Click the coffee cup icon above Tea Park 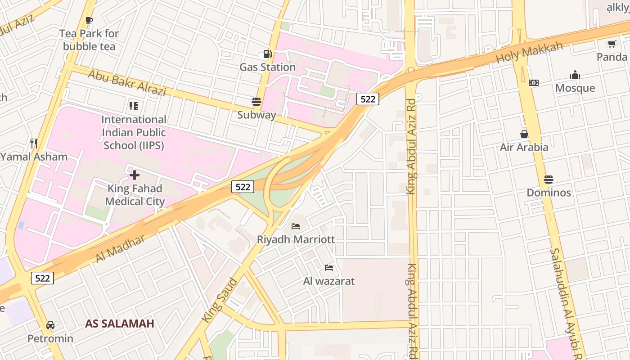pos(89,20)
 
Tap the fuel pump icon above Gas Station pos(268,54)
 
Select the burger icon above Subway pos(256,101)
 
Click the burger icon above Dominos pos(548,180)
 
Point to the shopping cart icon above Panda pos(612,44)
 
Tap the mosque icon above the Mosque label pos(575,75)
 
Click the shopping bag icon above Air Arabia pos(524,134)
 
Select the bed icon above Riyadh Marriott pos(296,226)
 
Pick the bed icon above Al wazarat pos(329,268)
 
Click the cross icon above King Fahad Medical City pos(134,175)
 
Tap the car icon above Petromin pos(50,325)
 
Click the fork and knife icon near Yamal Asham pos(33,144)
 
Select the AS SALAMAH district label pos(120,324)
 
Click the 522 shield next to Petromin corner pos(42,278)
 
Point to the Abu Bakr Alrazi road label pos(127,83)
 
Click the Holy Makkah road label pos(529,52)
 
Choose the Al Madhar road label pos(120,248)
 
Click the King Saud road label pos(220,300)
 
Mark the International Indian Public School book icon pos(134,106)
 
